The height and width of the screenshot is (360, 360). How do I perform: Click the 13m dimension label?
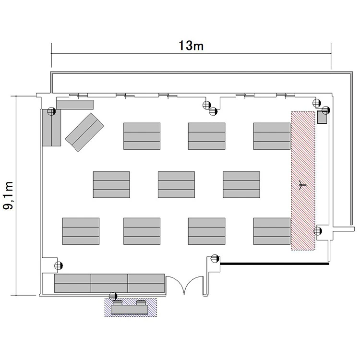click(191, 46)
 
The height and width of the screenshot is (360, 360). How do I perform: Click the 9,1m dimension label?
click(8, 195)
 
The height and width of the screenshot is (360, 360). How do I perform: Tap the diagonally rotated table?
click(84, 132)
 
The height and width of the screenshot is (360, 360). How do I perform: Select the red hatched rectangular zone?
click(303, 180)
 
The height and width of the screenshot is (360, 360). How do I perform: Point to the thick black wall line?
click(275, 264)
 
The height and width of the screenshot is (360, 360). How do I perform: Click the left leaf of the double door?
click(175, 284)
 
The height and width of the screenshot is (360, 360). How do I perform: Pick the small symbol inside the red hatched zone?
click(302, 185)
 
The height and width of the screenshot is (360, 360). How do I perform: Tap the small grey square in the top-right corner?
click(322, 117)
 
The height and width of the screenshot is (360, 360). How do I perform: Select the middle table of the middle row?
click(176, 185)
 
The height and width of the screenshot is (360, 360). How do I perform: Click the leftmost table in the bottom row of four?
click(81, 231)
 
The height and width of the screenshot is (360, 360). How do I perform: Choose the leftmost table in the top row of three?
click(142, 136)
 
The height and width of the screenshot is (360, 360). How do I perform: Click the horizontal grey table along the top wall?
click(75, 105)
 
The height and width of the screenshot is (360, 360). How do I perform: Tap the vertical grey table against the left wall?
click(51, 128)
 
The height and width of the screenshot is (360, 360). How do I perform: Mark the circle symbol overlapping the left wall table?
click(52, 111)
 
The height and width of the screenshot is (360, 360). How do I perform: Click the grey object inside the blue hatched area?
click(129, 308)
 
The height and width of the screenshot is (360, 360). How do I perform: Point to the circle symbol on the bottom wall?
click(113, 296)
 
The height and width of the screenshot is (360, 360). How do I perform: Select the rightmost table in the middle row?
click(241, 185)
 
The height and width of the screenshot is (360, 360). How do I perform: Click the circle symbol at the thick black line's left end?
click(215, 259)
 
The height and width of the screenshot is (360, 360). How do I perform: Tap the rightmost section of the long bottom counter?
click(146, 283)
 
